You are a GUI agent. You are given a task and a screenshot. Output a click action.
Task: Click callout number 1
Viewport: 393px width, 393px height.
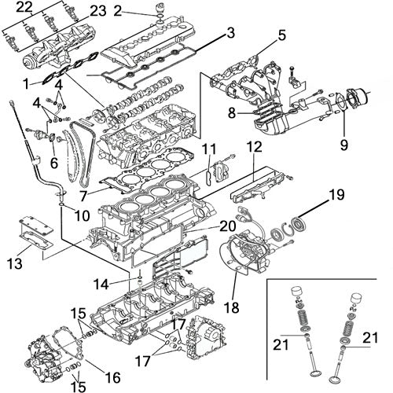coord(27,83)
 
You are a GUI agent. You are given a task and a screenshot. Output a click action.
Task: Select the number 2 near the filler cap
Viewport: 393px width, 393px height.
coord(118,10)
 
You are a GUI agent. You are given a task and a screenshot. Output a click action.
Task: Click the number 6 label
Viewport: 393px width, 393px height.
coord(53,163)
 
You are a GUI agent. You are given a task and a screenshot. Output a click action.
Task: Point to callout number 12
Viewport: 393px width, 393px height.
coord(254,147)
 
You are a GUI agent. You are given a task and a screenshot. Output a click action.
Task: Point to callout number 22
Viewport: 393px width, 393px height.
coord(24,7)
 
